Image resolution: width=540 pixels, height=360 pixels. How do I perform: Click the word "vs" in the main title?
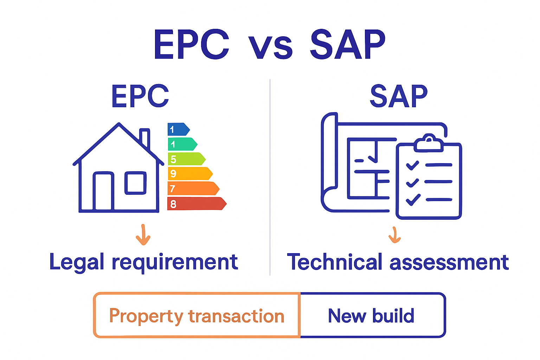(x=270, y=47)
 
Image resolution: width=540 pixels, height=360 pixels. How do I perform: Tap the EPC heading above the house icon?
(x=140, y=96)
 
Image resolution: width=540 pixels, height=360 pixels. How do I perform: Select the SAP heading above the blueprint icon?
(x=399, y=96)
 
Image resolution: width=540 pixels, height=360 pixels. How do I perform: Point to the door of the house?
(x=103, y=192)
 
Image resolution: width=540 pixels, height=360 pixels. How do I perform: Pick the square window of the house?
(x=135, y=182)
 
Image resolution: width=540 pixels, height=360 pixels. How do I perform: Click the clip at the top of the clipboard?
(x=428, y=143)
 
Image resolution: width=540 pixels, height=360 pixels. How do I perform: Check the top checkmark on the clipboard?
(x=412, y=165)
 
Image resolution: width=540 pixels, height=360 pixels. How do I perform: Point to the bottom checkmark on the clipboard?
(x=413, y=199)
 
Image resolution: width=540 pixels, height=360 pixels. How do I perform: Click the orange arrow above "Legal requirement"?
(x=143, y=234)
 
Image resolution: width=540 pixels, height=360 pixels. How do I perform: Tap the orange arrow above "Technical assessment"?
(x=395, y=235)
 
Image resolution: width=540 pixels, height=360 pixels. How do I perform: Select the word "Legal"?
(x=77, y=262)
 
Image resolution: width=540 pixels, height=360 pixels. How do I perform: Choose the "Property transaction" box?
(x=197, y=315)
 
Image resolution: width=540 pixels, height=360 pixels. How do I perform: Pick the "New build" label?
(x=371, y=315)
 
